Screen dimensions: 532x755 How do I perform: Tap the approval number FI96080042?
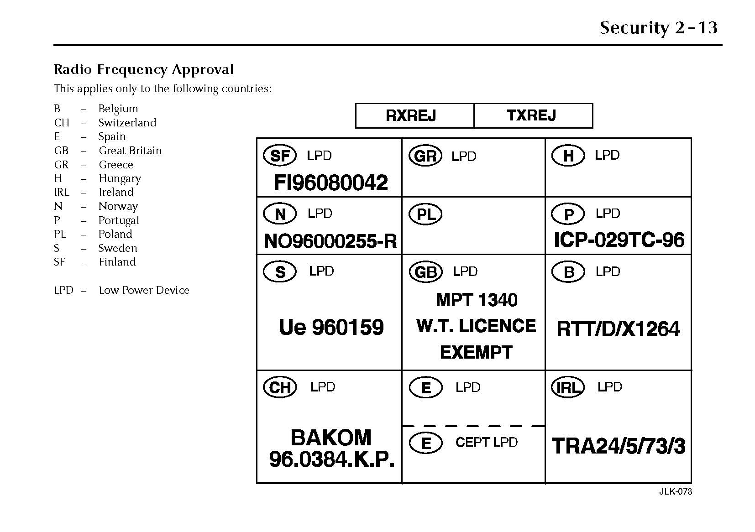click(x=330, y=183)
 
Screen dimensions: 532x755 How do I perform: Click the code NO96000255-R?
click(x=330, y=241)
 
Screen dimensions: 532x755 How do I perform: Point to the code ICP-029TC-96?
click(x=619, y=240)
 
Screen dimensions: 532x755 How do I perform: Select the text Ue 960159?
click(x=331, y=327)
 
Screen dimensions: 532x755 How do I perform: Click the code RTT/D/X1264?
click(x=618, y=329)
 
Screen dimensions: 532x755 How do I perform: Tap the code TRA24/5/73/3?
click(x=619, y=446)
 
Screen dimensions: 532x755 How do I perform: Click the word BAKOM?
click(x=331, y=438)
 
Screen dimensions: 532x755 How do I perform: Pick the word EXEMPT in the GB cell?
click(x=476, y=352)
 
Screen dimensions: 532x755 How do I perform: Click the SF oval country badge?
click(x=280, y=156)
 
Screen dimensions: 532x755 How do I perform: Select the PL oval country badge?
click(x=425, y=214)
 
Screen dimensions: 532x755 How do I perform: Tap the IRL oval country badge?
click(x=568, y=388)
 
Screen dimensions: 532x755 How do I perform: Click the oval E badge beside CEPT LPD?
click(x=425, y=443)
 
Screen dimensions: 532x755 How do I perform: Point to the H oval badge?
click(x=568, y=156)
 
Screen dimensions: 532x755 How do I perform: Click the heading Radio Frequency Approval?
click(x=144, y=69)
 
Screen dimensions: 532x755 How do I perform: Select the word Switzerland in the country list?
click(x=127, y=123)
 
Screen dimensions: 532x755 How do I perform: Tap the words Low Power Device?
click(x=144, y=290)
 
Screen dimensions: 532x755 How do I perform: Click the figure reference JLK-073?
click(x=675, y=491)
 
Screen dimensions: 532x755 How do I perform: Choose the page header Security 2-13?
click(x=658, y=28)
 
